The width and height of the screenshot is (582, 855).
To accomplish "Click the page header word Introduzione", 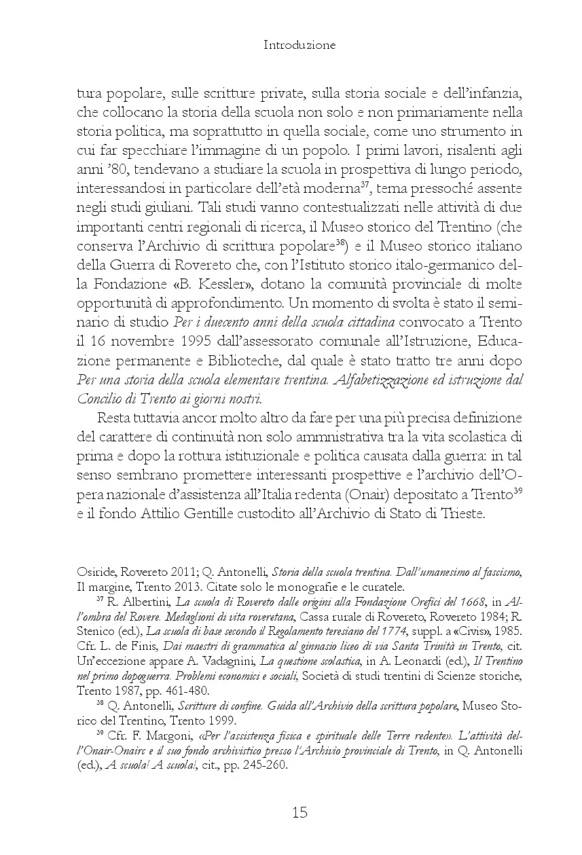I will click(x=299, y=46).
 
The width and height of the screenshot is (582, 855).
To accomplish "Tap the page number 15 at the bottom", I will click(x=299, y=812).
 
